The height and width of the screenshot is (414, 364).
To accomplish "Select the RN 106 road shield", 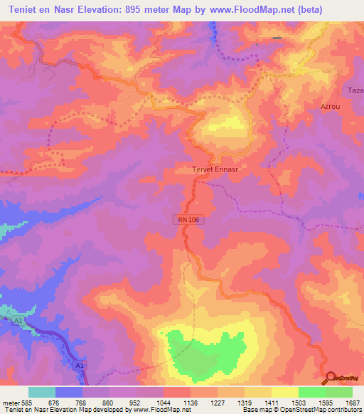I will [189, 221].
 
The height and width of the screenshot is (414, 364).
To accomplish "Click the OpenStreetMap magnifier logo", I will [331, 378].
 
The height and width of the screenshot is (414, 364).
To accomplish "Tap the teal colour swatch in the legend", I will [42, 392].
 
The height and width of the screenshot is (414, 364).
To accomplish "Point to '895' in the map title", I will [141, 9].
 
